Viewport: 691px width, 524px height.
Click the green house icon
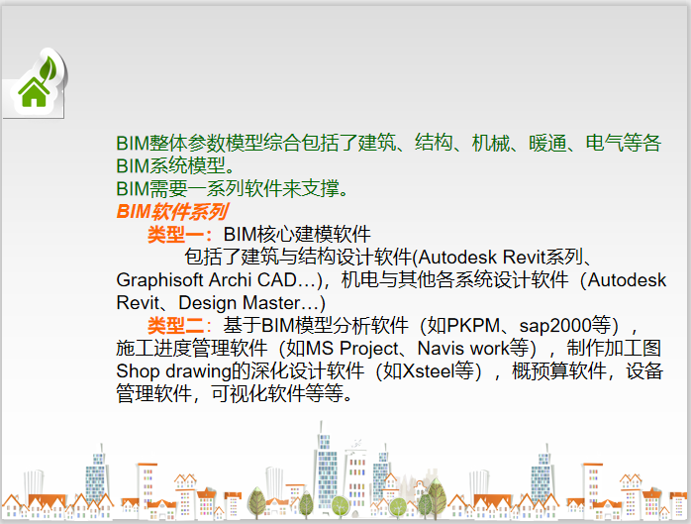pos(34,92)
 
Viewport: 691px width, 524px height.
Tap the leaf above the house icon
pos(46,65)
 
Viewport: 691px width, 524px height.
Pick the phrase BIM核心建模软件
pos(297,235)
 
